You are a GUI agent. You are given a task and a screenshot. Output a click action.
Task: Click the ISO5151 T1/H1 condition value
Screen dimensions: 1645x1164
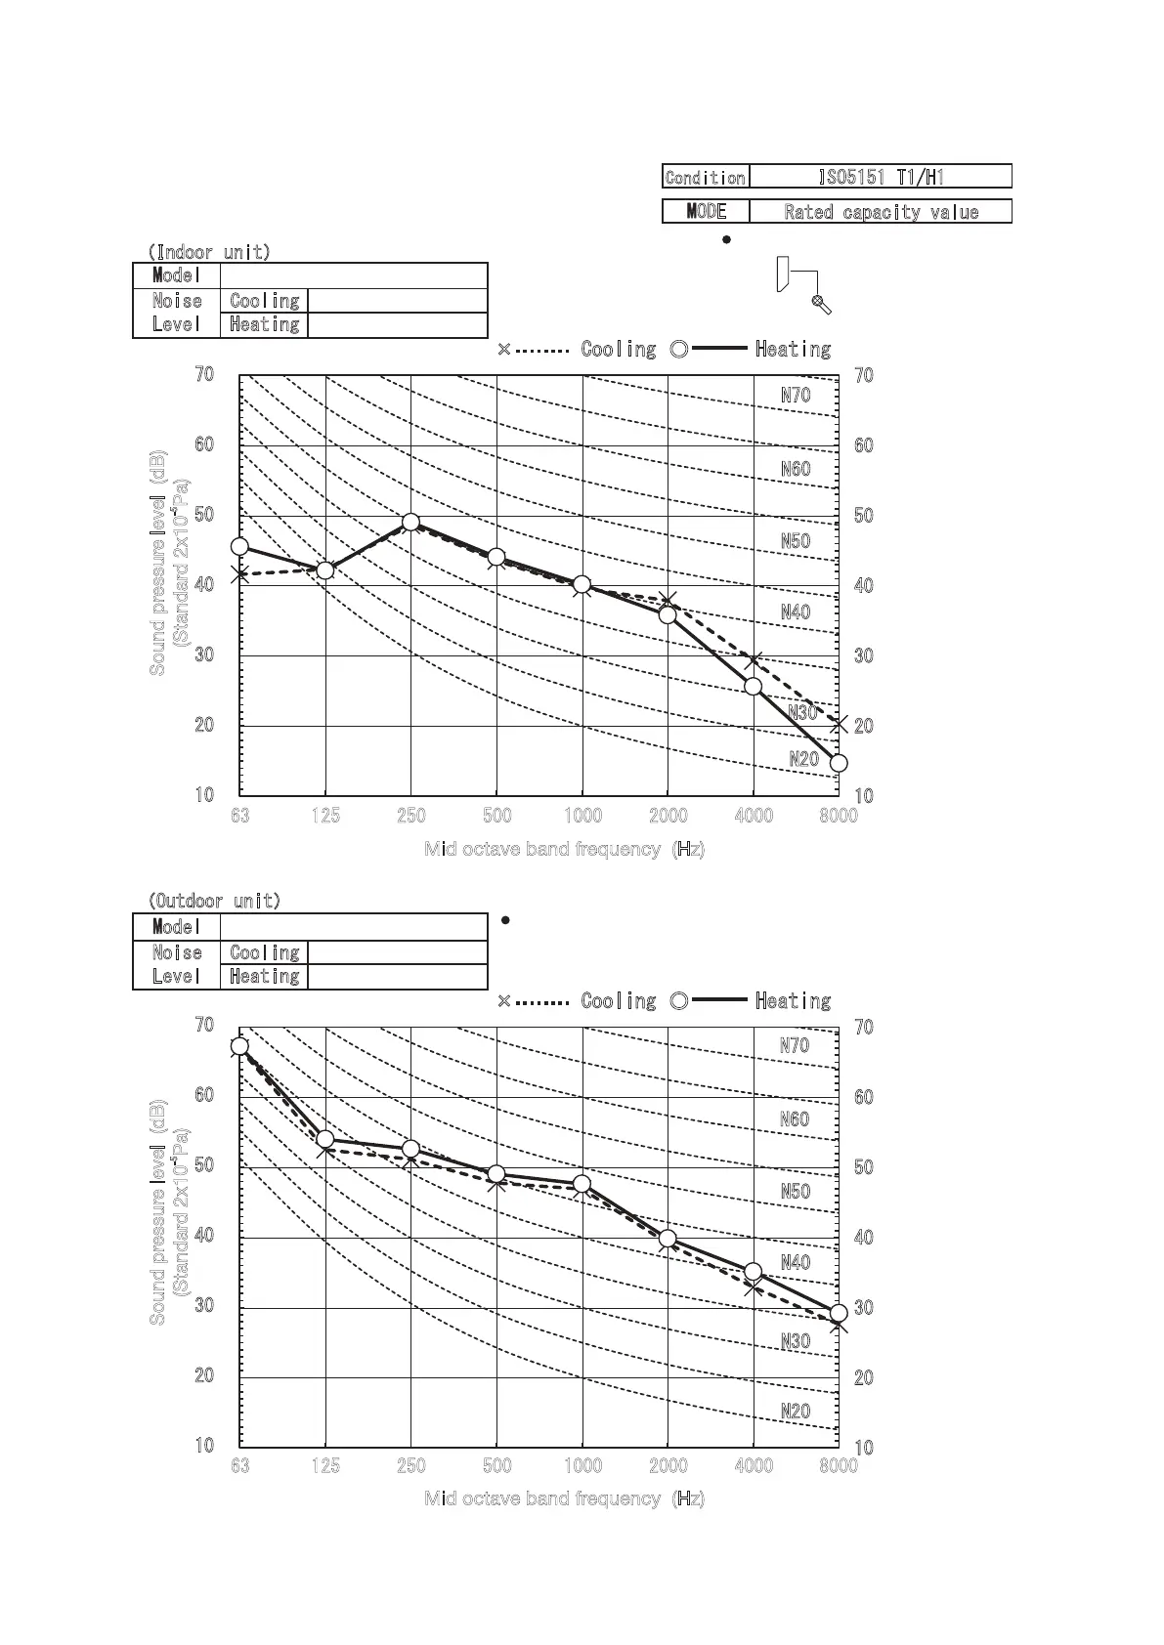(x=880, y=177)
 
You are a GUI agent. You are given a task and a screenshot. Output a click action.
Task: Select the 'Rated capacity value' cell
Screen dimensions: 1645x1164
(x=880, y=212)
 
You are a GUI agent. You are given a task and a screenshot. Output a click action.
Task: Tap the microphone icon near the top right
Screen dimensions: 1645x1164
(x=821, y=304)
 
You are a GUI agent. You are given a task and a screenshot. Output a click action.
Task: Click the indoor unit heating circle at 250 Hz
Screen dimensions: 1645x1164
(x=411, y=523)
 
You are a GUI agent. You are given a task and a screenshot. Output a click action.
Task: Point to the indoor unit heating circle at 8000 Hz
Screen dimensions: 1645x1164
(x=839, y=763)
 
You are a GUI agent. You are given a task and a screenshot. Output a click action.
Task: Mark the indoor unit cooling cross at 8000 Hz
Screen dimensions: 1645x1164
(x=839, y=725)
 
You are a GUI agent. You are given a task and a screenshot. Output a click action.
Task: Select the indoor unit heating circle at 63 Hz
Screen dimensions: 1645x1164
(x=239, y=547)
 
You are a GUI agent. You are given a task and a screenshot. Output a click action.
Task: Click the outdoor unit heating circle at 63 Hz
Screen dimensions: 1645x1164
(x=239, y=1046)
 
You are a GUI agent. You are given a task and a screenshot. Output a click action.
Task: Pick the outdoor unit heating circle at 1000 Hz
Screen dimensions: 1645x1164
(x=582, y=1184)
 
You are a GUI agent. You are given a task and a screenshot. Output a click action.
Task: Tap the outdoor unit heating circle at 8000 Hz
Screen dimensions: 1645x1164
(x=839, y=1313)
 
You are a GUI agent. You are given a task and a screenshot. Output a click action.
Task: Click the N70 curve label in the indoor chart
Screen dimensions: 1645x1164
(x=796, y=396)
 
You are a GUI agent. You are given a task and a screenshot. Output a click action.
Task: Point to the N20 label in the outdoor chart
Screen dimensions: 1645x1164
(x=796, y=1412)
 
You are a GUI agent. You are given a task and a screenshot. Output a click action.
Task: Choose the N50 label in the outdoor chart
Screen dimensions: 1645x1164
(x=796, y=1192)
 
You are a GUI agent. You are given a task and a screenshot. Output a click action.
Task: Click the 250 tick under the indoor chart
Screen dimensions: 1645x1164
(x=411, y=816)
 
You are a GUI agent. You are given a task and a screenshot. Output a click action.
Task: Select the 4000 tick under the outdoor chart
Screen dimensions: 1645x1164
(x=754, y=1466)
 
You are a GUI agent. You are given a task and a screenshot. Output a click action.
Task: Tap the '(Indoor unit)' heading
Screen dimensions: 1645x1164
(x=209, y=252)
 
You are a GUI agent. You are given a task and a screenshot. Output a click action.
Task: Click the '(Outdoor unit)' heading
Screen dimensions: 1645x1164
(x=214, y=901)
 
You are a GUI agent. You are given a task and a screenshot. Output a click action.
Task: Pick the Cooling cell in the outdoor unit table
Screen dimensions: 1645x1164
(x=264, y=952)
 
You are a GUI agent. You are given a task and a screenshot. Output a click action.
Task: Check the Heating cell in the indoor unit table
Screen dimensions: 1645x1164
(x=264, y=324)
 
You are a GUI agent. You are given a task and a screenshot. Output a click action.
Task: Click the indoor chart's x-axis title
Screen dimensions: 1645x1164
(x=564, y=849)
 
